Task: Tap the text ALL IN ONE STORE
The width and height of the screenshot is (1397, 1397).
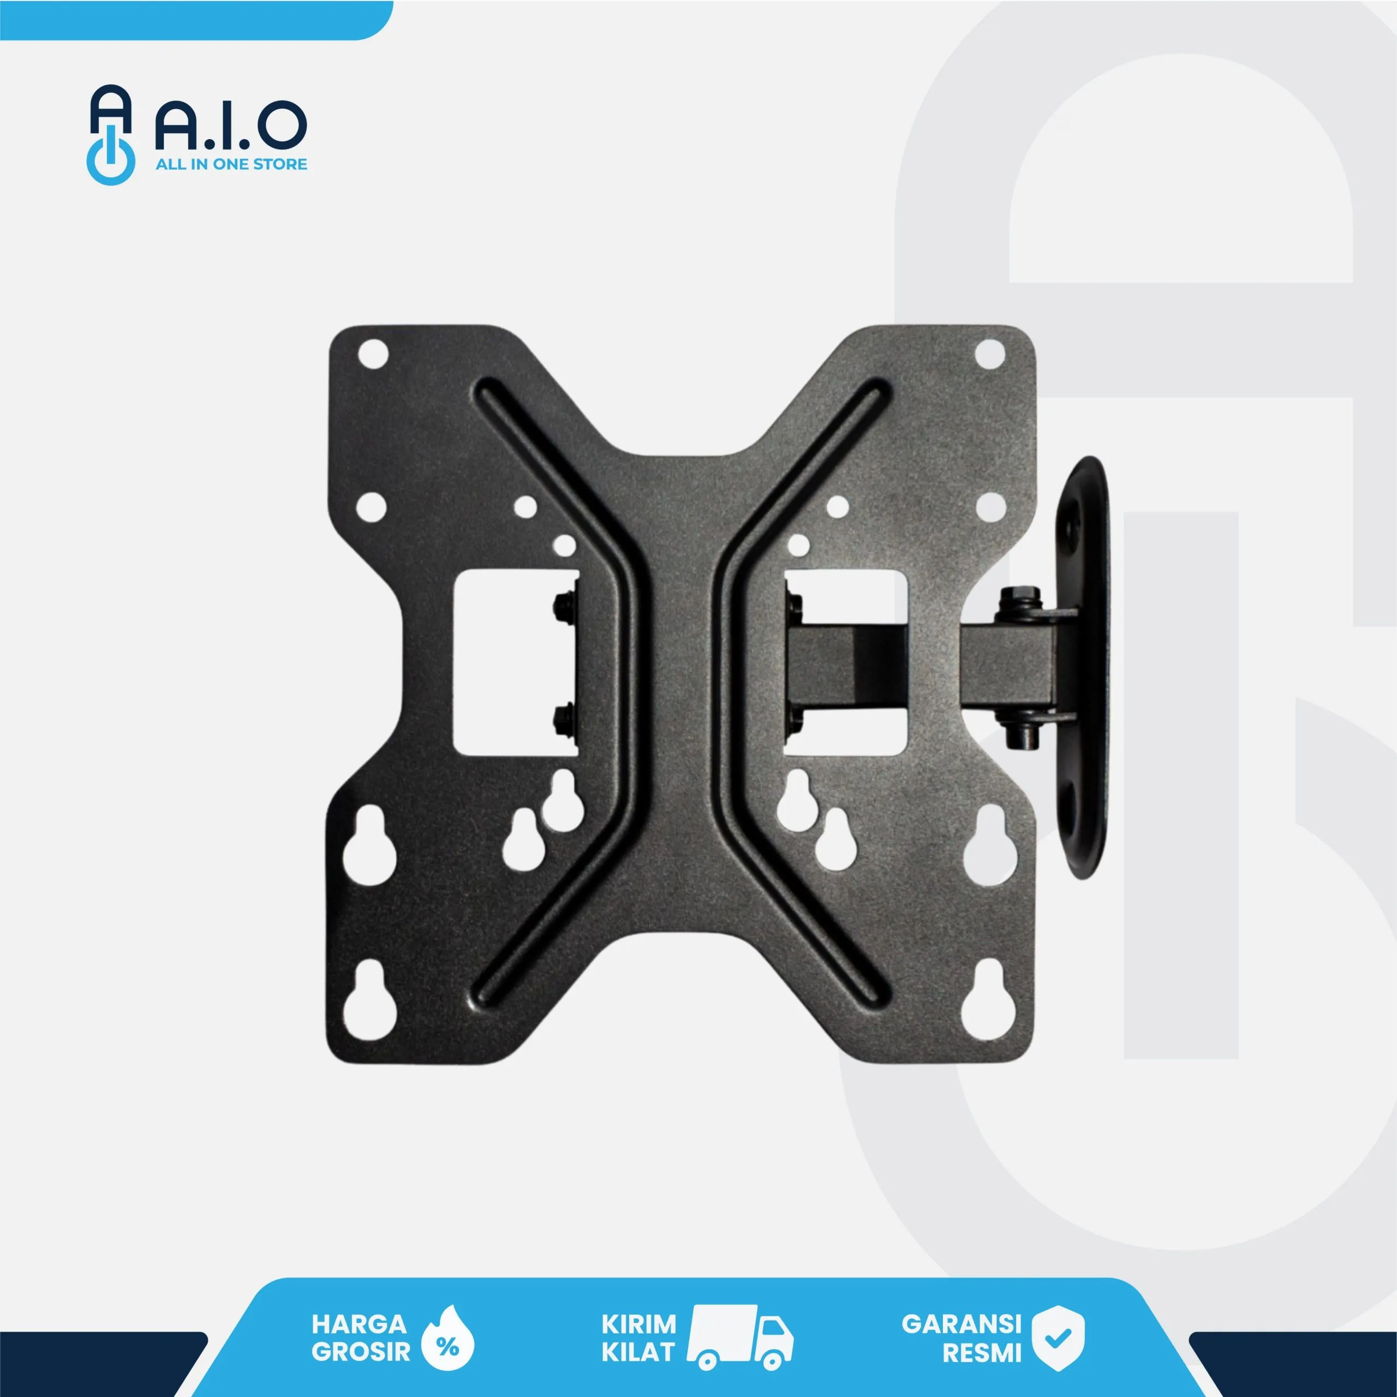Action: click(231, 164)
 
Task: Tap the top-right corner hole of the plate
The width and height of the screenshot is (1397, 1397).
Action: click(989, 354)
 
